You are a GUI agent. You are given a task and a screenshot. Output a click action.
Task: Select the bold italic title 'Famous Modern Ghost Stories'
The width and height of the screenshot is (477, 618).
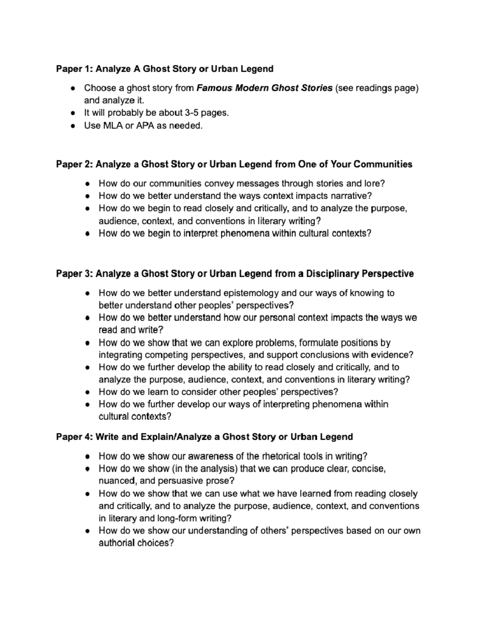tap(264, 88)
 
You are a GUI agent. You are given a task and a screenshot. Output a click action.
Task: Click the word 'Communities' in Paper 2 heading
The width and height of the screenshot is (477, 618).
tap(383, 164)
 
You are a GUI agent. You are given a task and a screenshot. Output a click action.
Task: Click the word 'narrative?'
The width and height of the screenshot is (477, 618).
tap(351, 196)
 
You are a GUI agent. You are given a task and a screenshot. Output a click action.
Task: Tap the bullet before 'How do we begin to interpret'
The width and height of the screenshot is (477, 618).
tap(88, 234)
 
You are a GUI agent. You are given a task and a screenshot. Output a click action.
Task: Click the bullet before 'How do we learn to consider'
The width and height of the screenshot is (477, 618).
tap(88, 392)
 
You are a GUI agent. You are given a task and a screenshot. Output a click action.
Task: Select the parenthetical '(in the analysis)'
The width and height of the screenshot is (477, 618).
tap(204, 469)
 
